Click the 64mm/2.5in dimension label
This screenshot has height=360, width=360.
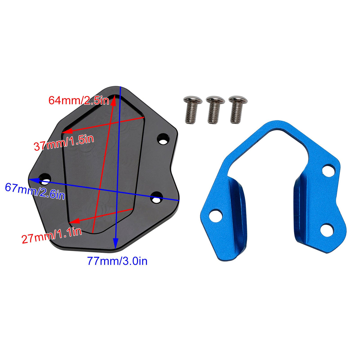79,100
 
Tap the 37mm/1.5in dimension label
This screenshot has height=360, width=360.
64,142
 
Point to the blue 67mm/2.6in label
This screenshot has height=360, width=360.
35,191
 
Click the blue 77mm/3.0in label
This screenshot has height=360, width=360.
117,261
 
